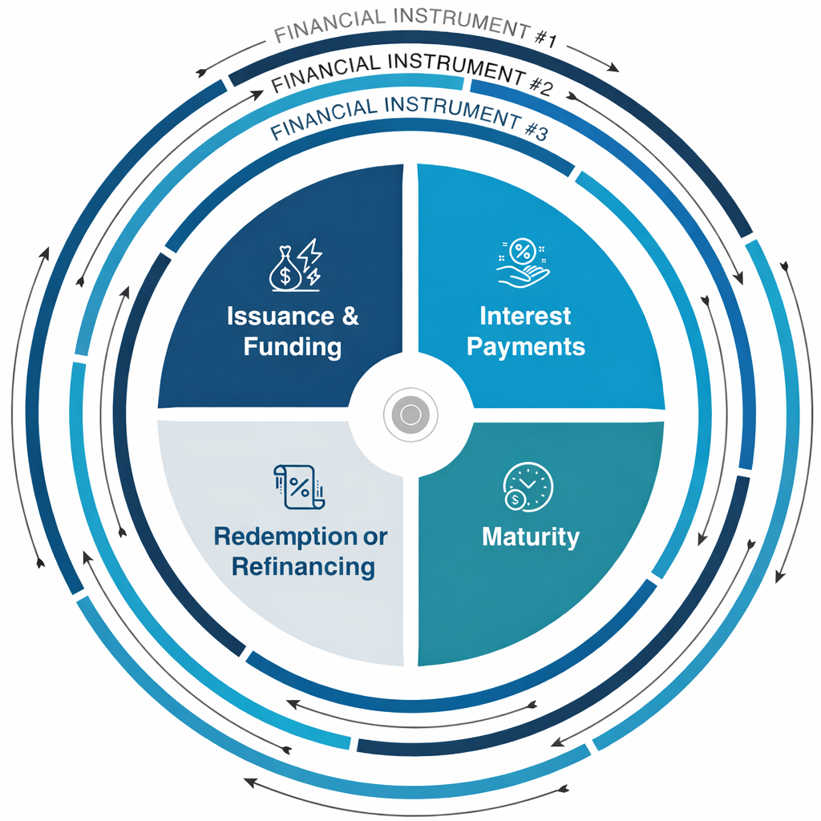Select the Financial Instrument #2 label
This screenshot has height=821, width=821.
(411, 74)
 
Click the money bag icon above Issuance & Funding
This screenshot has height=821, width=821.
(286, 269)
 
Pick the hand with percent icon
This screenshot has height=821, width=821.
(523, 264)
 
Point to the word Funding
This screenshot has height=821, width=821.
(293, 347)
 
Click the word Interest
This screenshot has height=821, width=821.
(525, 316)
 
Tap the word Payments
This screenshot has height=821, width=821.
(526, 347)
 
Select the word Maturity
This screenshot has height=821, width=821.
(530, 536)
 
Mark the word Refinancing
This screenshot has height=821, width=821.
(303, 567)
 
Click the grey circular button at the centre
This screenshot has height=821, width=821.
(410, 415)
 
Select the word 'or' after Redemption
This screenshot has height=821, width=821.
(374, 536)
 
